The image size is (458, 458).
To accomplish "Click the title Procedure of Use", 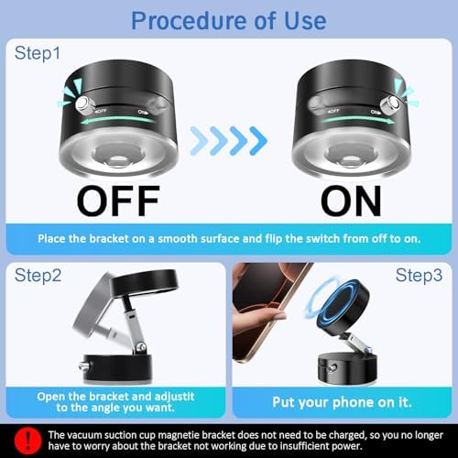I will pyautogui.click(x=229, y=19).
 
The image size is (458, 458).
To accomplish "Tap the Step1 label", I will pyautogui.click(x=39, y=54).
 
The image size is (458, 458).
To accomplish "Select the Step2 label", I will pyautogui.click(x=39, y=274).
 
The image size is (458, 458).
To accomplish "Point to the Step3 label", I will pyautogui.click(x=420, y=274).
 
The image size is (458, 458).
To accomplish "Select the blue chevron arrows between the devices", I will pyautogui.click(x=228, y=140).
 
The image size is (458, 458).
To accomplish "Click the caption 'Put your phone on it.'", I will pyautogui.click(x=343, y=401).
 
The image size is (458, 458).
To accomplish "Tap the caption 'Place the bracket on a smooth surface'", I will pyautogui.click(x=229, y=238).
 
